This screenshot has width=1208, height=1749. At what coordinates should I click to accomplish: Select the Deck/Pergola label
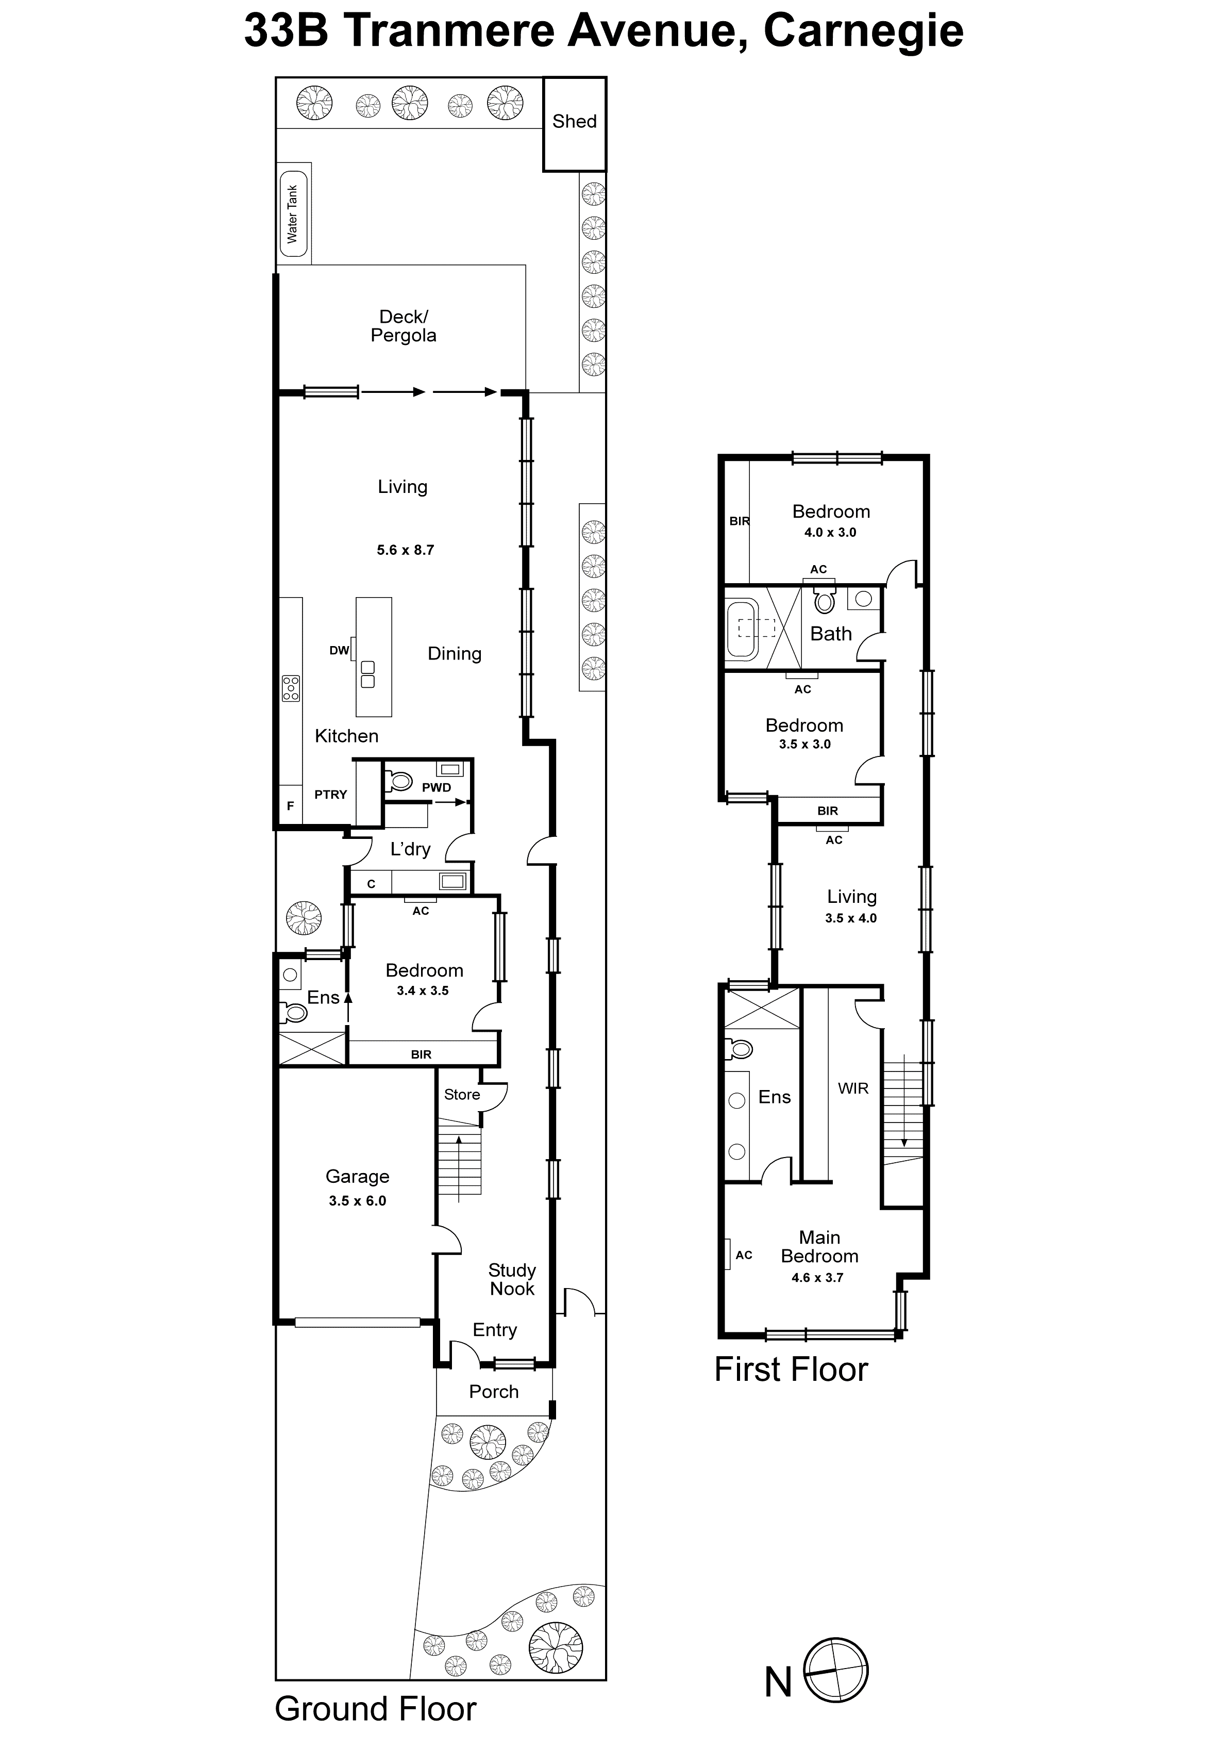click(404, 326)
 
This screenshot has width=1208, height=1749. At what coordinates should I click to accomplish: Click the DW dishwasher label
click(339, 650)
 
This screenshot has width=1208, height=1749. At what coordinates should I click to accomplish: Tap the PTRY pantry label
click(331, 794)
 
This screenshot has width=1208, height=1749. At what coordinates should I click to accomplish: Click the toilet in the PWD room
click(399, 780)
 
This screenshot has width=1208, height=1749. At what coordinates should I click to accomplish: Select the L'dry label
click(410, 850)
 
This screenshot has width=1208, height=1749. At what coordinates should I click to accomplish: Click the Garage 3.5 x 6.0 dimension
click(357, 1201)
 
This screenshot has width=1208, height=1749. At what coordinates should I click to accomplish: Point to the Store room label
click(462, 1095)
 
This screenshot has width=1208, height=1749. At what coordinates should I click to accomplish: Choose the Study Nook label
click(512, 1280)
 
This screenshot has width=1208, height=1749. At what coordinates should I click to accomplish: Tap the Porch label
click(494, 1392)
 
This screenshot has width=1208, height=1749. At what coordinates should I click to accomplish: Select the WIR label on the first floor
click(853, 1088)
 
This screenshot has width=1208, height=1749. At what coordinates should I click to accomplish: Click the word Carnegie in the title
click(863, 32)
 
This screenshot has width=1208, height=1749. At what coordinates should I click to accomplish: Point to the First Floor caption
click(791, 1369)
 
